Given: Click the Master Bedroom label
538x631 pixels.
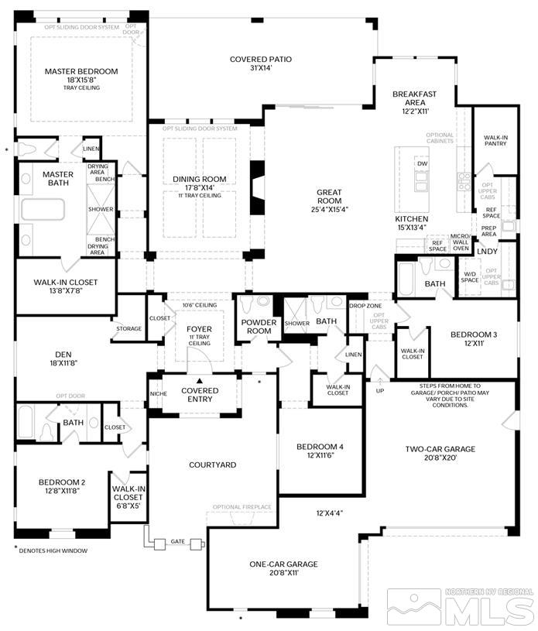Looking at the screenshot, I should click(81, 72).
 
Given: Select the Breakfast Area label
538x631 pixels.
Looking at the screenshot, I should click(414, 98).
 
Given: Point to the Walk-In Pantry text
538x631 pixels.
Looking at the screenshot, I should click(490, 140).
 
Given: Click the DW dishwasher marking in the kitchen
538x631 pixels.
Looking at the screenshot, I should click(422, 164).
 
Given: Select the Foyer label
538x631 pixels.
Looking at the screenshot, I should click(199, 329).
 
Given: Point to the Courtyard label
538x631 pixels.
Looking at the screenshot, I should click(213, 465).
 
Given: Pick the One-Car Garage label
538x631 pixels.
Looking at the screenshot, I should click(283, 564).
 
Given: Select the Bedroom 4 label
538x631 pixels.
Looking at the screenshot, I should click(320, 447).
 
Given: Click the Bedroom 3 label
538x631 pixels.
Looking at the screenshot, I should click(475, 334).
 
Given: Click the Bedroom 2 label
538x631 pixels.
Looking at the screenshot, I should click(62, 482).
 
